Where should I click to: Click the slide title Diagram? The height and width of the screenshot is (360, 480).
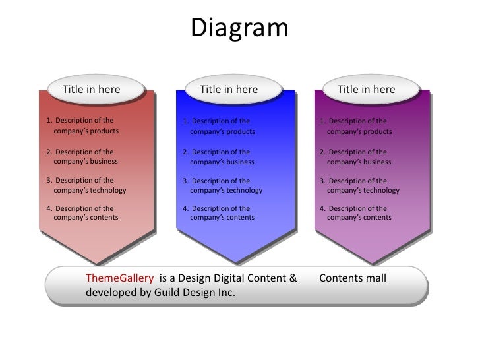pyautogui.click(x=239, y=28)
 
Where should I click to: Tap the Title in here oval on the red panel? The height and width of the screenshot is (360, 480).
pyautogui.click(x=92, y=90)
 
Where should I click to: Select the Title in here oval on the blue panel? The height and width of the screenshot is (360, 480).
pyautogui.click(x=229, y=90)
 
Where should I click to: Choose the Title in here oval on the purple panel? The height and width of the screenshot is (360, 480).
pyautogui.click(x=366, y=90)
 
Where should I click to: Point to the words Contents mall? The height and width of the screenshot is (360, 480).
pyautogui.click(x=353, y=278)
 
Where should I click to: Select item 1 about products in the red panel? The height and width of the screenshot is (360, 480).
pyautogui.click(x=83, y=126)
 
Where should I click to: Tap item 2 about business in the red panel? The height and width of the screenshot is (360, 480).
pyautogui.click(x=83, y=156)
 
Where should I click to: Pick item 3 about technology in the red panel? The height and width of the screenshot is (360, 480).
pyautogui.click(x=86, y=185)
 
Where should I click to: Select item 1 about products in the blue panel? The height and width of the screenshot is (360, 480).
pyautogui.click(x=220, y=126)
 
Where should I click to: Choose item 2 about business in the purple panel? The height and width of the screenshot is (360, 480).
pyautogui.click(x=356, y=156)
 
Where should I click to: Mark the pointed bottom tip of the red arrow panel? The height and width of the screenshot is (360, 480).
pyautogui.click(x=96, y=262)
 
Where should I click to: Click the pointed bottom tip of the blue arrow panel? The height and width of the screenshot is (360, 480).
pyautogui.click(x=233, y=262)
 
